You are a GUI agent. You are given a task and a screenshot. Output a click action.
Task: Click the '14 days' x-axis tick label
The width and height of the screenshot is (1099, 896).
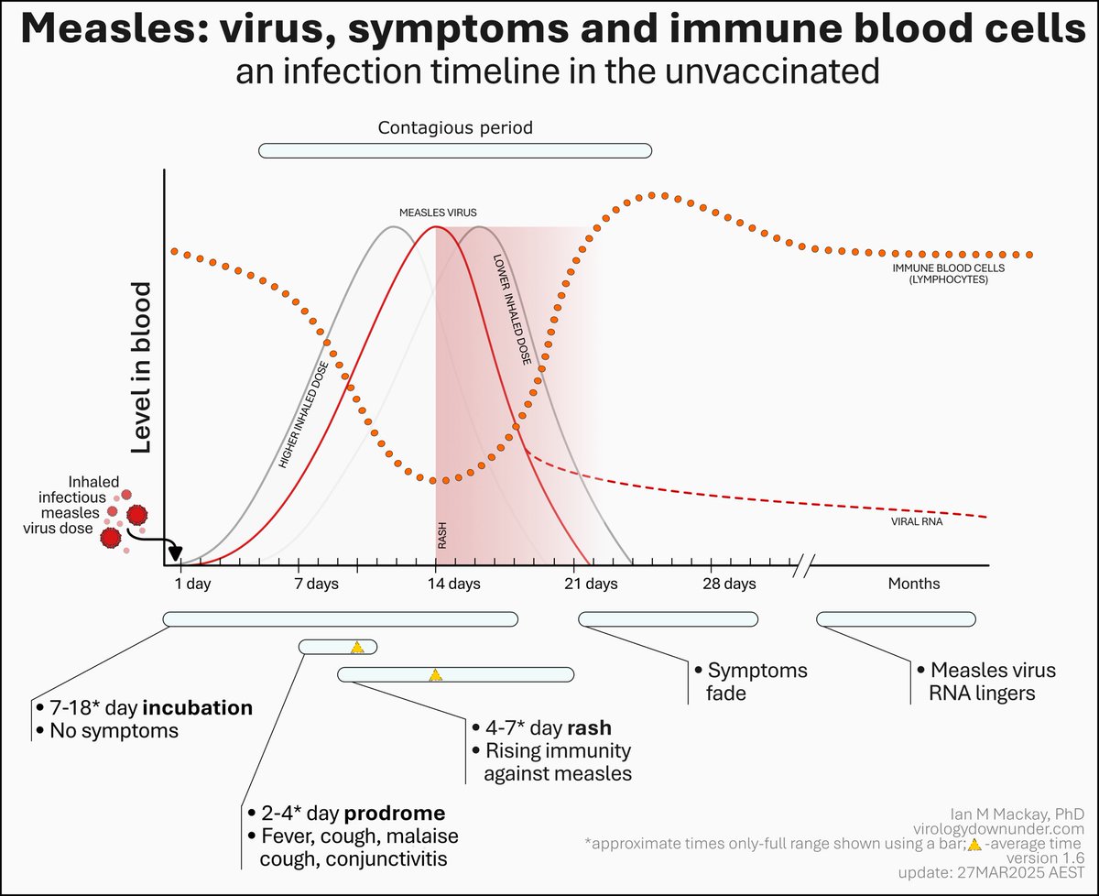pos(436,584)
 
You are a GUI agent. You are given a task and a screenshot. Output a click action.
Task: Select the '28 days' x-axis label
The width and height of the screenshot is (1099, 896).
pos(730,584)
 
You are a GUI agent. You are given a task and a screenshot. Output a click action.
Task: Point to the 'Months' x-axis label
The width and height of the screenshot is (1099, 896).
pos(913,584)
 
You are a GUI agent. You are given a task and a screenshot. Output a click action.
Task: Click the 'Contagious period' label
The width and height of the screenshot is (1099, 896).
pos(455,128)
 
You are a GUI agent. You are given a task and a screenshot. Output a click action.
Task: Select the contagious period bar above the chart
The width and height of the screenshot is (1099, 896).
pos(455,150)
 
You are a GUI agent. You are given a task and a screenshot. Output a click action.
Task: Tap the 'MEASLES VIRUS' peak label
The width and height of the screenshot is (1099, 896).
pos(438,213)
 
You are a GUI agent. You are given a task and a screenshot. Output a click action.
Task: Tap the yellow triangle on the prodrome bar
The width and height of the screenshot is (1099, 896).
pos(357,648)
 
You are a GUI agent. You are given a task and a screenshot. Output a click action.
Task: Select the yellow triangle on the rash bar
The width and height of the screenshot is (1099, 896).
pos(436,675)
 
